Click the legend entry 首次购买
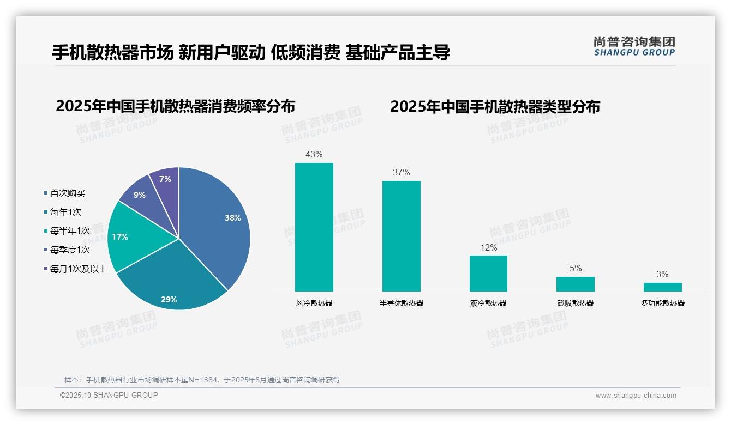(68, 193)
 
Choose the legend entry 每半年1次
(70, 231)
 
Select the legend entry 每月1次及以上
(79, 269)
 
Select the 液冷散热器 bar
(488, 274)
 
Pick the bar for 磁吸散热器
(575, 284)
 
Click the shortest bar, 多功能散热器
(662, 287)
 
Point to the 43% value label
(314, 155)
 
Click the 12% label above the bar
(488, 247)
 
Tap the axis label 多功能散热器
(662, 303)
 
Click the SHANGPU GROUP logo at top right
(634, 46)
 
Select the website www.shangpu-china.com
(636, 396)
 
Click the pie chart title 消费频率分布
(175, 106)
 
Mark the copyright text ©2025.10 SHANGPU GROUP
(109, 395)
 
